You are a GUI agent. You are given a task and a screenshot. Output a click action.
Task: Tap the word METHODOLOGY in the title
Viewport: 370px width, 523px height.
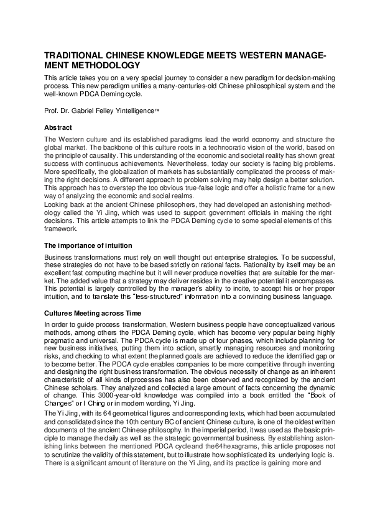[104, 65]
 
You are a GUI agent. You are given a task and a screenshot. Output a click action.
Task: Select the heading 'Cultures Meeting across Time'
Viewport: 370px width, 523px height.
[93, 314]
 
